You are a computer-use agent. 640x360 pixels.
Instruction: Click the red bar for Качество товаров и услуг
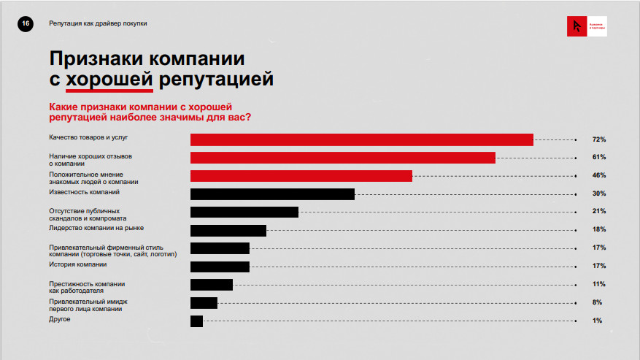pos(361,139)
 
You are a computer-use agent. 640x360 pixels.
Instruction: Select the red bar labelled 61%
pos(342,158)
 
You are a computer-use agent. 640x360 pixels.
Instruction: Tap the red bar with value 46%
pos(301,176)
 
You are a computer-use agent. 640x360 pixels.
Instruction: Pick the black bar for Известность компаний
pos(272,194)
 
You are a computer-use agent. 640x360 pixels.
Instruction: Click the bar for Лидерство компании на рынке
pos(228,230)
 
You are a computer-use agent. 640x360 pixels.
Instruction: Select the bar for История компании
pos(220,267)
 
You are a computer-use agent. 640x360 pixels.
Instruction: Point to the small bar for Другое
pos(196,321)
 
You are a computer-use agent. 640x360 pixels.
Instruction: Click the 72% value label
pos(599,139)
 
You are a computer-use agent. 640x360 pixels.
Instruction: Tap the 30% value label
pos(599,194)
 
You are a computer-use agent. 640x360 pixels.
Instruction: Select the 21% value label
pos(599,212)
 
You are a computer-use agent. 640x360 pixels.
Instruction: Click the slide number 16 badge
pos(26,24)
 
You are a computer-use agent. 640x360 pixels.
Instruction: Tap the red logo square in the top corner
pos(577,27)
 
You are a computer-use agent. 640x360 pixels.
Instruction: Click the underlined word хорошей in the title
pos(109,78)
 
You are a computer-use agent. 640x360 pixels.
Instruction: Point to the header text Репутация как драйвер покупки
pos(98,24)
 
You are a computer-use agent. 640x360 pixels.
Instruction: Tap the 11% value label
pos(599,284)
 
